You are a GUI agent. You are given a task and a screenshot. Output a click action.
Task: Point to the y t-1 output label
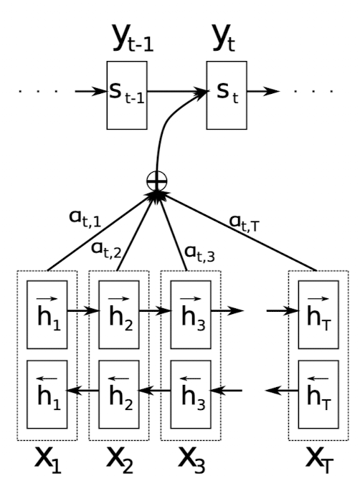click(x=133, y=37)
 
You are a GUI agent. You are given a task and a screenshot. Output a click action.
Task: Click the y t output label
click(x=224, y=37)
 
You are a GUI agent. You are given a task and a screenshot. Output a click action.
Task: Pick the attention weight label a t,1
click(x=85, y=218)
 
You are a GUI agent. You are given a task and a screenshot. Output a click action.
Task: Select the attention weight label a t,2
click(x=106, y=250)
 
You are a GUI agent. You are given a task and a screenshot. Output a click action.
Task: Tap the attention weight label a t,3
click(x=199, y=254)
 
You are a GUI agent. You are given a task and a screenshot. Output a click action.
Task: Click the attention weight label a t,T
click(x=244, y=223)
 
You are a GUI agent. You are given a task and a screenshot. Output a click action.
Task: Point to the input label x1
click(x=47, y=460)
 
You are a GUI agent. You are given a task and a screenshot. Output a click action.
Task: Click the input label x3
click(x=191, y=460)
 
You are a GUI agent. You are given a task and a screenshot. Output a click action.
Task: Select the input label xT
click(x=319, y=460)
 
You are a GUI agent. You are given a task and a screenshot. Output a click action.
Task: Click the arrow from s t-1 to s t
click(x=177, y=92)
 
